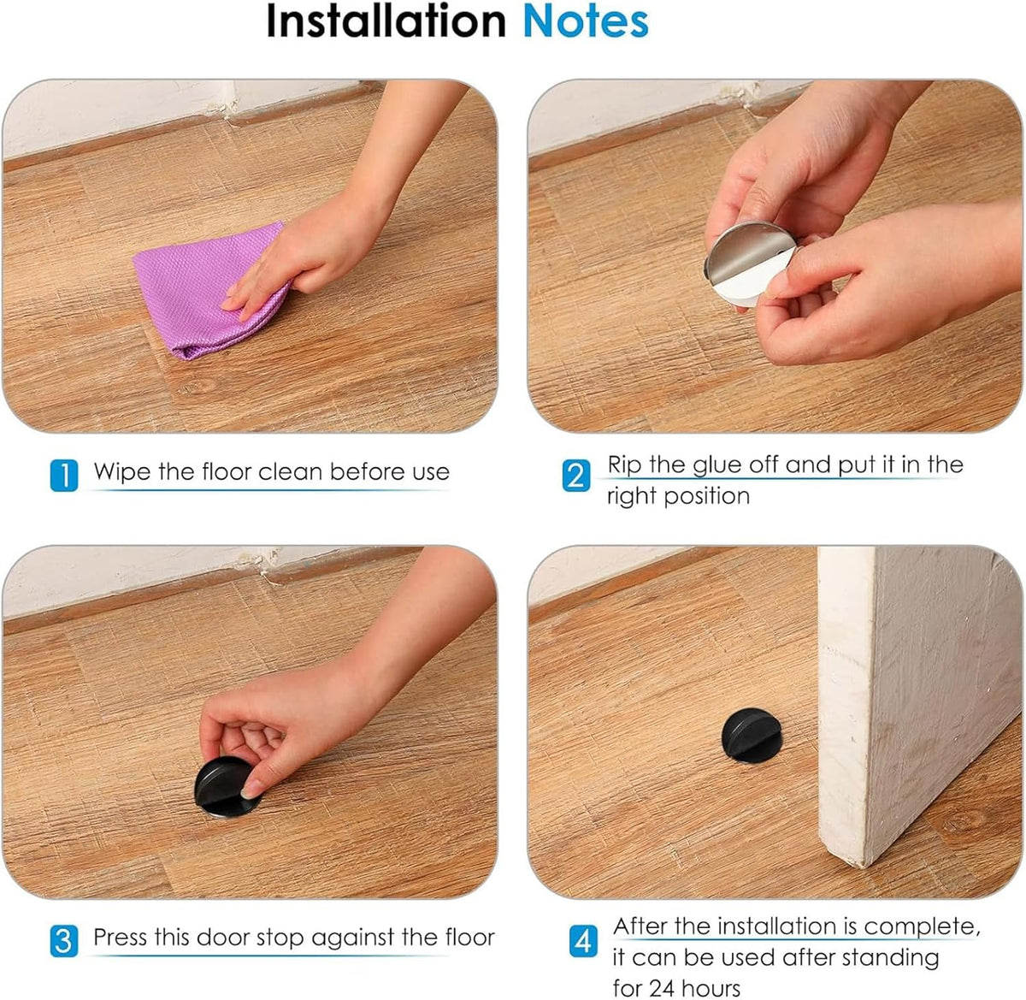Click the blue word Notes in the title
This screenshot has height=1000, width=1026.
[586, 21]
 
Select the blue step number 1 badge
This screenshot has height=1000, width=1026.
[64, 475]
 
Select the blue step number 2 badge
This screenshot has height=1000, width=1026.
[576, 475]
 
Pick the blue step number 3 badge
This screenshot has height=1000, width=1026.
[64, 940]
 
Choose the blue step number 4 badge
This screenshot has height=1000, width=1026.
[582, 941]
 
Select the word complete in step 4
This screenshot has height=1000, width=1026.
[920, 926]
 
